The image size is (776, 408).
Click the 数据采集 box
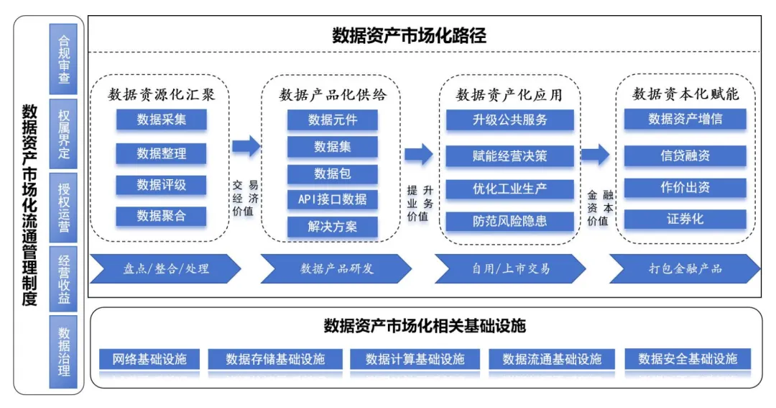(161, 119)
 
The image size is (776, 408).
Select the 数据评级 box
(161, 185)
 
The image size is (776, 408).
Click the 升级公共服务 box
(509, 120)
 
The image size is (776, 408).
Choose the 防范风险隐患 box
(509, 221)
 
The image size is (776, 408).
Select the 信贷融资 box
(685, 155)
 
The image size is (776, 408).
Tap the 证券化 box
(685, 219)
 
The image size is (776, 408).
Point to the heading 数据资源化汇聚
(161, 94)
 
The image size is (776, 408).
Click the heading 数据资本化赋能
(685, 94)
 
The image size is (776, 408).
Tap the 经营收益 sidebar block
(63, 279)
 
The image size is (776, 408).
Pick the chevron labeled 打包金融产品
(685, 268)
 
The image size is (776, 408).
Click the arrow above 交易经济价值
(246, 147)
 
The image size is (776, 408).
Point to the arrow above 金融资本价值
(595, 153)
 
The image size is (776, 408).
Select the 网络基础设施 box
(149, 358)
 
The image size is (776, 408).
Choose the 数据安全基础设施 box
(687, 358)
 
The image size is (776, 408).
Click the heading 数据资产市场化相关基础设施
(425, 326)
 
